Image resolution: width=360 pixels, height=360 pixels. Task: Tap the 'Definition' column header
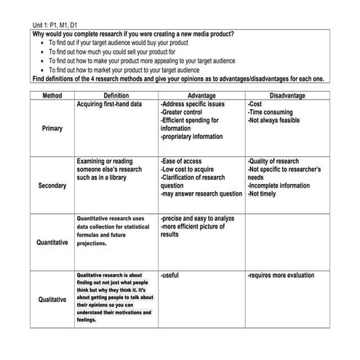(x=116, y=95)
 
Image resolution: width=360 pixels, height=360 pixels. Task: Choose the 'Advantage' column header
(x=201, y=95)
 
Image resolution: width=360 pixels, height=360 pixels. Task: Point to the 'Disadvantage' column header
(x=287, y=95)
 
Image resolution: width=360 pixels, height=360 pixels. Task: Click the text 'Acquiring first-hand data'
(x=109, y=105)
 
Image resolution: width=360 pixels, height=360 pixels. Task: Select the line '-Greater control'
(x=183, y=113)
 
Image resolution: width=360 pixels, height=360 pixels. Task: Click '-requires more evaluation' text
(x=281, y=276)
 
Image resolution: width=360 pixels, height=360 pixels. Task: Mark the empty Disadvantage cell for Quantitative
(x=287, y=242)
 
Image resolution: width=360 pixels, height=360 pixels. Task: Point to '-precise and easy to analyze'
(x=198, y=218)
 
